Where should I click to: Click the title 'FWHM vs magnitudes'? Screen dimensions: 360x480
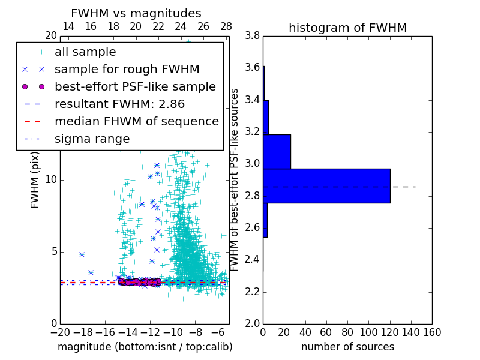click(x=136, y=13)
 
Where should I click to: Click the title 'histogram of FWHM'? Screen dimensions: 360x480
click(x=347, y=28)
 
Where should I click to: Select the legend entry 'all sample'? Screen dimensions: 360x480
click(x=85, y=52)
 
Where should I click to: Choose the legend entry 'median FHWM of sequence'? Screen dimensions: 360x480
click(x=136, y=121)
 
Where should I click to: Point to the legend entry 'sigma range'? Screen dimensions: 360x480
click(x=92, y=139)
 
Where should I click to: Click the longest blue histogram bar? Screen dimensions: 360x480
click(x=326, y=186)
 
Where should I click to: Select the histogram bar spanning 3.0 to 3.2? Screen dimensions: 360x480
click(x=277, y=152)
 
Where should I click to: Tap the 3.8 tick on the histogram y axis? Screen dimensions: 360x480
click(x=253, y=36)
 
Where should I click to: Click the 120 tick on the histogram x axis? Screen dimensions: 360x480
click(x=390, y=331)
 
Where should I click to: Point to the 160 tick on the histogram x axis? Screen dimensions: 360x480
click(x=432, y=331)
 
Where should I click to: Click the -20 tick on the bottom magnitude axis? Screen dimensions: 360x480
click(x=60, y=331)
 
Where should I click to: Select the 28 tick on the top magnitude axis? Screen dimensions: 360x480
click(x=226, y=26)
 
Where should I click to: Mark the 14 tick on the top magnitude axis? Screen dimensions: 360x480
click(x=68, y=26)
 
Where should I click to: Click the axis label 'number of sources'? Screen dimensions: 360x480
click(x=347, y=347)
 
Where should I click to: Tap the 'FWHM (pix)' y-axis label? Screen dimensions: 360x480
click(x=35, y=180)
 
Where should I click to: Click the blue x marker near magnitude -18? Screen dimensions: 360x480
click(x=82, y=254)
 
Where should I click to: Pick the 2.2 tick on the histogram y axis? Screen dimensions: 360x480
click(x=253, y=292)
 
